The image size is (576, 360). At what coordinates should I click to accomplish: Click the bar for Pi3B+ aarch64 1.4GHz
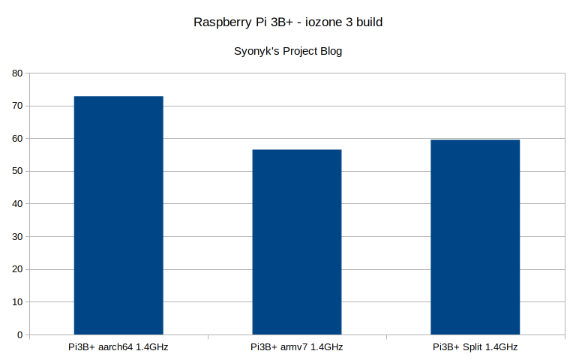click(x=118, y=215)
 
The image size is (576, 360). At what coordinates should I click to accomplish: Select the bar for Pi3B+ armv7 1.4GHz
click(x=297, y=241)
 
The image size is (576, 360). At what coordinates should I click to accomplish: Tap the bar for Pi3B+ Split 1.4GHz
click(x=475, y=237)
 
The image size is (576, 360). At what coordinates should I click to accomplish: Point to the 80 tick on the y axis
click(x=18, y=73)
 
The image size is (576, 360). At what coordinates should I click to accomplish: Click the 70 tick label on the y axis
click(x=18, y=106)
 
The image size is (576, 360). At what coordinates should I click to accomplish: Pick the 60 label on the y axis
click(x=18, y=139)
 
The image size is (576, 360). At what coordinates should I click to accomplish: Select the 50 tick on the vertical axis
click(x=18, y=171)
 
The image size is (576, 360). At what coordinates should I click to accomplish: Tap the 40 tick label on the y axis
click(x=18, y=204)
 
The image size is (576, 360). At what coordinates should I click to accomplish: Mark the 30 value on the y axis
click(x=18, y=236)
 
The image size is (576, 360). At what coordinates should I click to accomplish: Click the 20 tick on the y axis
click(x=18, y=269)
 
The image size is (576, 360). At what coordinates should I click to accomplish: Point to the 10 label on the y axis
click(x=18, y=301)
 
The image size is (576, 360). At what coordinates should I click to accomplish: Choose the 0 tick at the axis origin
click(x=20, y=334)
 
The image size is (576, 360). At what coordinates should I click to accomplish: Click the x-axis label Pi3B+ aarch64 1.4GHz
click(x=118, y=347)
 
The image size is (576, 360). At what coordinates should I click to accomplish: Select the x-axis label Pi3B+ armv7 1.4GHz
click(x=297, y=347)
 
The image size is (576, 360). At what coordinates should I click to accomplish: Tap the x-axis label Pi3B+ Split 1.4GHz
click(x=475, y=347)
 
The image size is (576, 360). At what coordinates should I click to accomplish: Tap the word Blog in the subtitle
click(x=331, y=52)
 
